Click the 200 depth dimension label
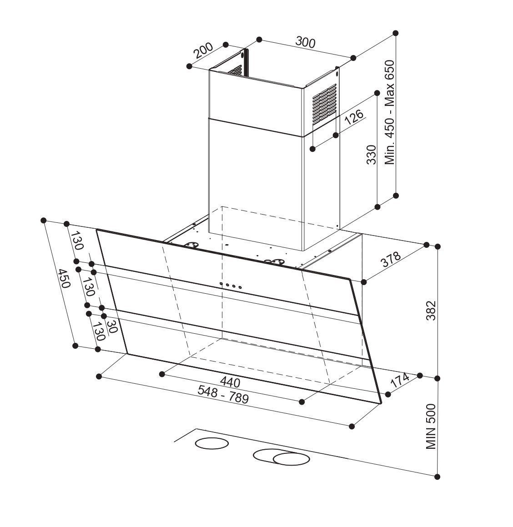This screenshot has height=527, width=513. point(203,50)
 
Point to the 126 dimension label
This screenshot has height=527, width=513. point(354,116)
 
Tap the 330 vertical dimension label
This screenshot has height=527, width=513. point(371,154)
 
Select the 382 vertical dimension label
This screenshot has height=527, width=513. point(431,310)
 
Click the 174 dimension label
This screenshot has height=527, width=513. point(400,380)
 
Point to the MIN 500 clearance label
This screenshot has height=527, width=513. point(431,427)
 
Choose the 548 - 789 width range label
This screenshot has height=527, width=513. point(223,394)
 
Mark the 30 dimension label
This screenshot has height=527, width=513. point(111,326)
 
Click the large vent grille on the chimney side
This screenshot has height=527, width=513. point(324,105)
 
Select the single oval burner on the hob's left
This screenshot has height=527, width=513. point(211,443)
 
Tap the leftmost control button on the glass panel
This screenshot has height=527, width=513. point(221,284)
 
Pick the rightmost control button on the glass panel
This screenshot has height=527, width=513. point(240,287)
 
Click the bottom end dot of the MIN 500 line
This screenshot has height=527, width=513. point(438,477)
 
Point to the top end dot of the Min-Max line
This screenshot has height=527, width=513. point(396,33)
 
